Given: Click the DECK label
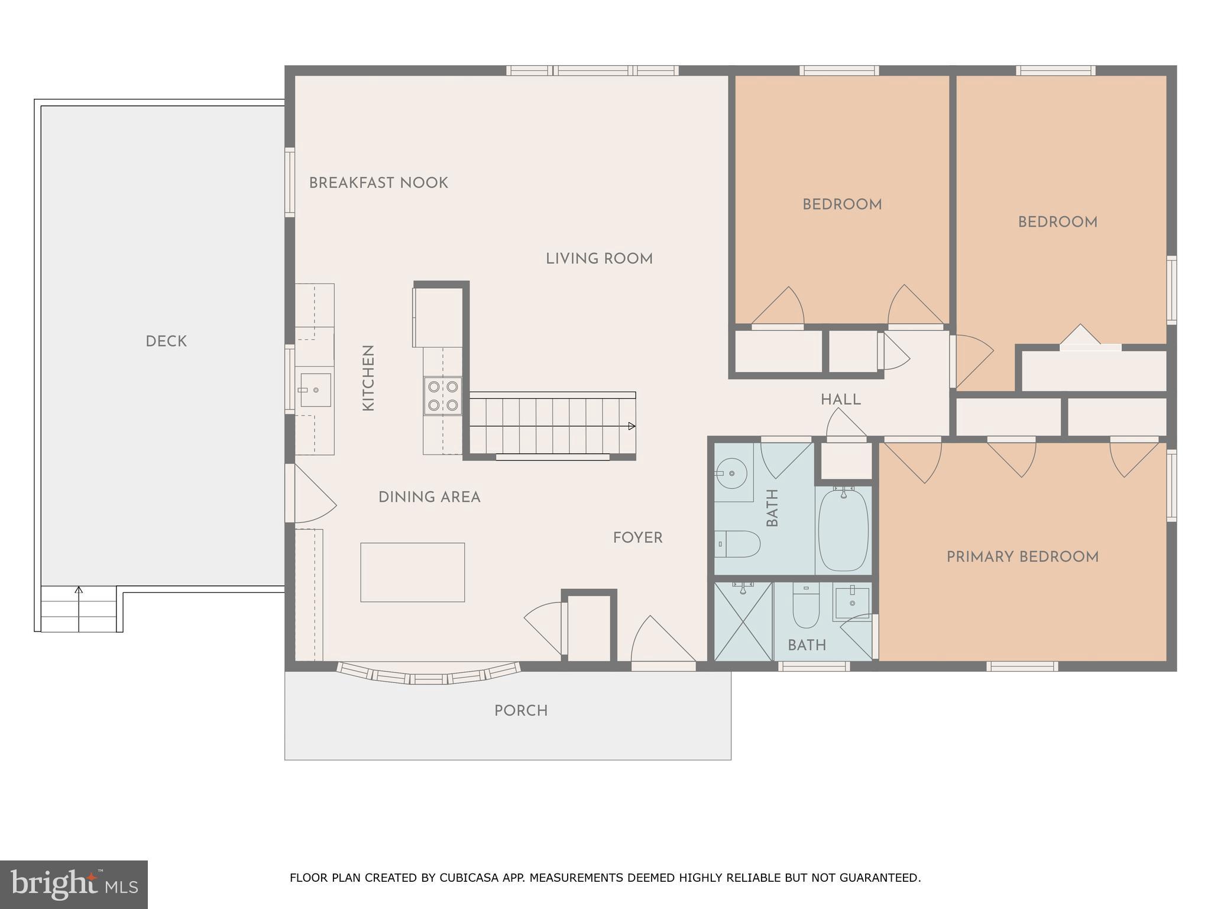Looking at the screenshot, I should coord(166,341).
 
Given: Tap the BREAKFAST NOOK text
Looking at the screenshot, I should coord(378,183).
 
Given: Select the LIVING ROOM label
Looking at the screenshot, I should coord(599,259).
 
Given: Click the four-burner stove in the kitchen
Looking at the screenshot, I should coord(443,396).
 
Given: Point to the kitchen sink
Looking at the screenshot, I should coord(315,390).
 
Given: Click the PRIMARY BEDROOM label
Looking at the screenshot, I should coord(1022,557).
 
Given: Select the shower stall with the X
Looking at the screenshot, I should coord(743,621).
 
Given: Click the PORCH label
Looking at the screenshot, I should coord(521,710).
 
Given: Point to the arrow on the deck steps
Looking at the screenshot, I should coord(79,591).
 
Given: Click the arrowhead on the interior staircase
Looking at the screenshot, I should coord(632,426).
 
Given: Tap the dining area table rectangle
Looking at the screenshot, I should coord(412,572).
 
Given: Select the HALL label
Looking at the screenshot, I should coord(840,399).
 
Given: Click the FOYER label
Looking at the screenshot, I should coord(637,537).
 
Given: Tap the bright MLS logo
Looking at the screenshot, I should coord(73,884).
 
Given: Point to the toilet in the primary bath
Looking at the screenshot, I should coord(805,608).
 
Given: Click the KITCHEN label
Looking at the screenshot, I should coord(368,378).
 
